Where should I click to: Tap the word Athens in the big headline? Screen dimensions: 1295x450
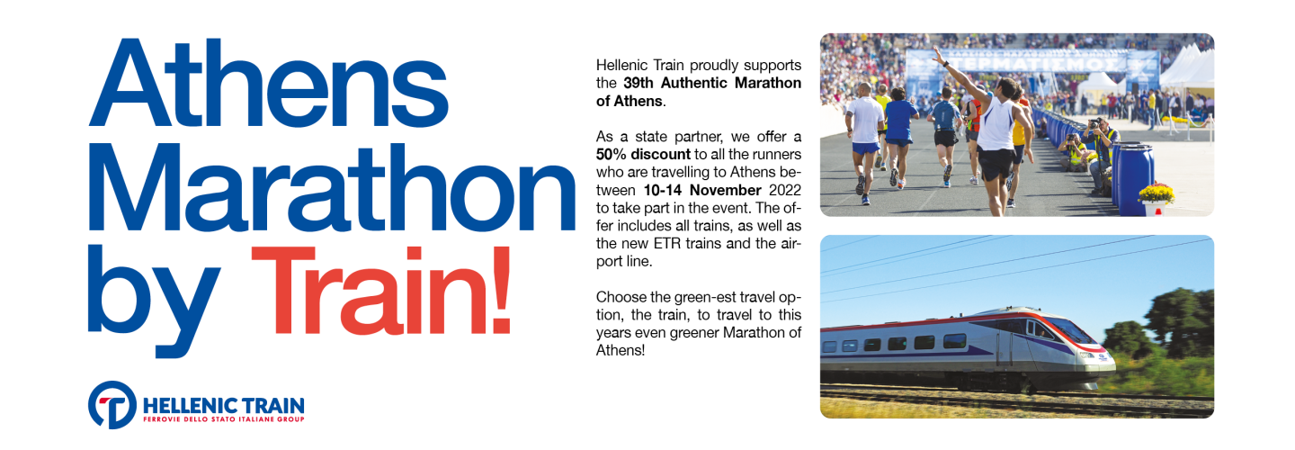268,83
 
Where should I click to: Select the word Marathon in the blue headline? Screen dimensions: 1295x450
332,187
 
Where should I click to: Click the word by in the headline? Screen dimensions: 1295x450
154,301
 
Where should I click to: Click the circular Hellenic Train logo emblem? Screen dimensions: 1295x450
112,405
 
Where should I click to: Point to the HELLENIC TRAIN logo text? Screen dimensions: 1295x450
224,406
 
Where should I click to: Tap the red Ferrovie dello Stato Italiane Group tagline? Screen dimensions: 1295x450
224,419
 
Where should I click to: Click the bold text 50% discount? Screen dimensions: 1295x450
643,155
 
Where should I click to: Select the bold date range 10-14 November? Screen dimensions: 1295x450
702,190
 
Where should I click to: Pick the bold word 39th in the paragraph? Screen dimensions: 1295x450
639,84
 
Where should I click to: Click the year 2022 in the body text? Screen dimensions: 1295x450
785,190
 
